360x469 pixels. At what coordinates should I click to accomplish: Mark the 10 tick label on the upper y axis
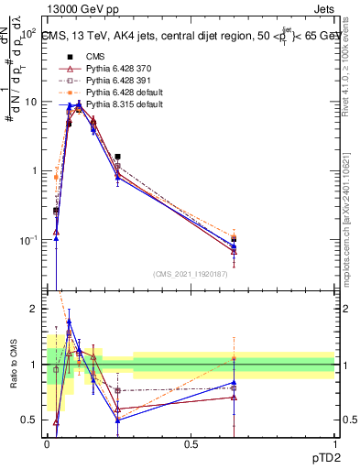pyautogui.click(x=30, y=102)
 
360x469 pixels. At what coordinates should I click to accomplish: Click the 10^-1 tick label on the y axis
pyautogui.click(x=28, y=240)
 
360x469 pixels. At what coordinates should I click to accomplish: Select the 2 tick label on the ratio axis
pyautogui.click(x=34, y=309)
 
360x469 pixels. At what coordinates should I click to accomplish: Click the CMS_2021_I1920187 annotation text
pyautogui.click(x=191, y=274)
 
